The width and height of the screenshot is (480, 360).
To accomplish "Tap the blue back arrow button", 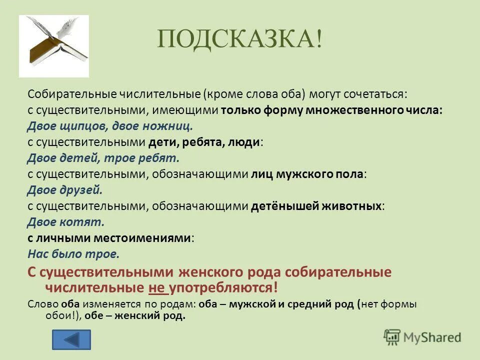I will click(72, 340).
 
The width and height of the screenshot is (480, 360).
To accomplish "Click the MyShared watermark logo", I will click(422, 337).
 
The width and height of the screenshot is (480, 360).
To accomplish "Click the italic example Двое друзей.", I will click(64, 190).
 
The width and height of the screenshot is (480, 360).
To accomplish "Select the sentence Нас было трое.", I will click(73, 254).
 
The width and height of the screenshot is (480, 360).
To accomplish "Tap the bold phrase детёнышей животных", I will click(316, 206).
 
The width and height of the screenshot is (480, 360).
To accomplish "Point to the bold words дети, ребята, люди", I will click(204, 142).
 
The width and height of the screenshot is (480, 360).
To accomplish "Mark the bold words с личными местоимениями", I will click(109, 238).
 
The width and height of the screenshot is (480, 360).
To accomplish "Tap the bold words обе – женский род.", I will click(135, 316).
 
